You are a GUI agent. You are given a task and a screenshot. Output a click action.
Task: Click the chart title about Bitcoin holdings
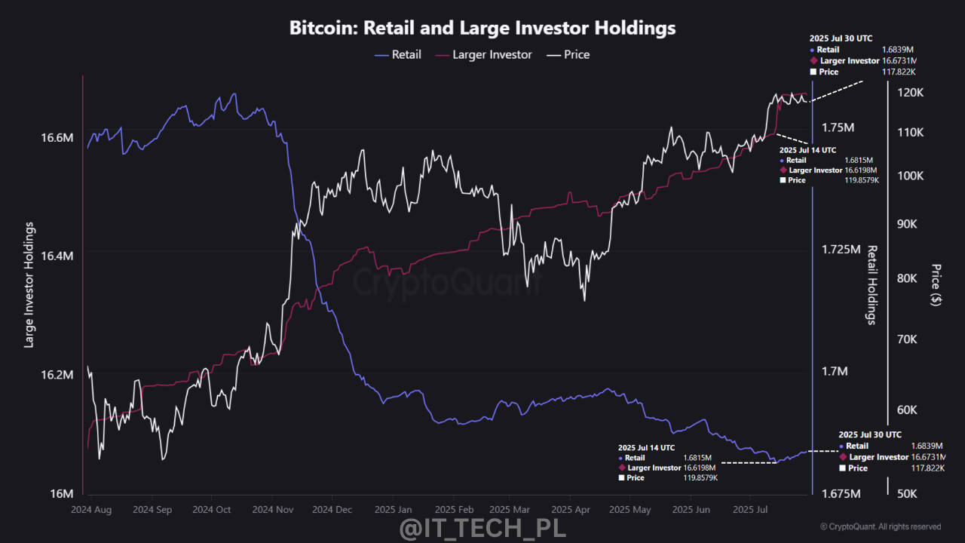(x=482, y=28)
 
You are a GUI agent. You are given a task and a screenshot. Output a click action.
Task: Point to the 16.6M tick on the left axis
(x=57, y=138)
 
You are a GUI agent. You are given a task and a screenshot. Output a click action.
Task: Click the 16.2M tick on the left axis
(x=57, y=375)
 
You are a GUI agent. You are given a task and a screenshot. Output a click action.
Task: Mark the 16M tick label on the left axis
(x=62, y=493)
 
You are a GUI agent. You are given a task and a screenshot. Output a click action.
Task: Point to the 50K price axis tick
(x=905, y=494)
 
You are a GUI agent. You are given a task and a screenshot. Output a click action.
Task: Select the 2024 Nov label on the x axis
(x=273, y=510)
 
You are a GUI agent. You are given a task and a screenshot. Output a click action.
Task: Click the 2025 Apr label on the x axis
(x=571, y=510)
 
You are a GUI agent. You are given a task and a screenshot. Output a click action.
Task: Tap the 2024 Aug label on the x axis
(x=90, y=510)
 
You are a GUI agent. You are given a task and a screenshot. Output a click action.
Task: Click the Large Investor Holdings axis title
(x=29, y=285)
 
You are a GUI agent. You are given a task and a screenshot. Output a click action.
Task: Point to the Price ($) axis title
(x=936, y=285)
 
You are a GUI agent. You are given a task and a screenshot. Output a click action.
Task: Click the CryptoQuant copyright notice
(x=881, y=526)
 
